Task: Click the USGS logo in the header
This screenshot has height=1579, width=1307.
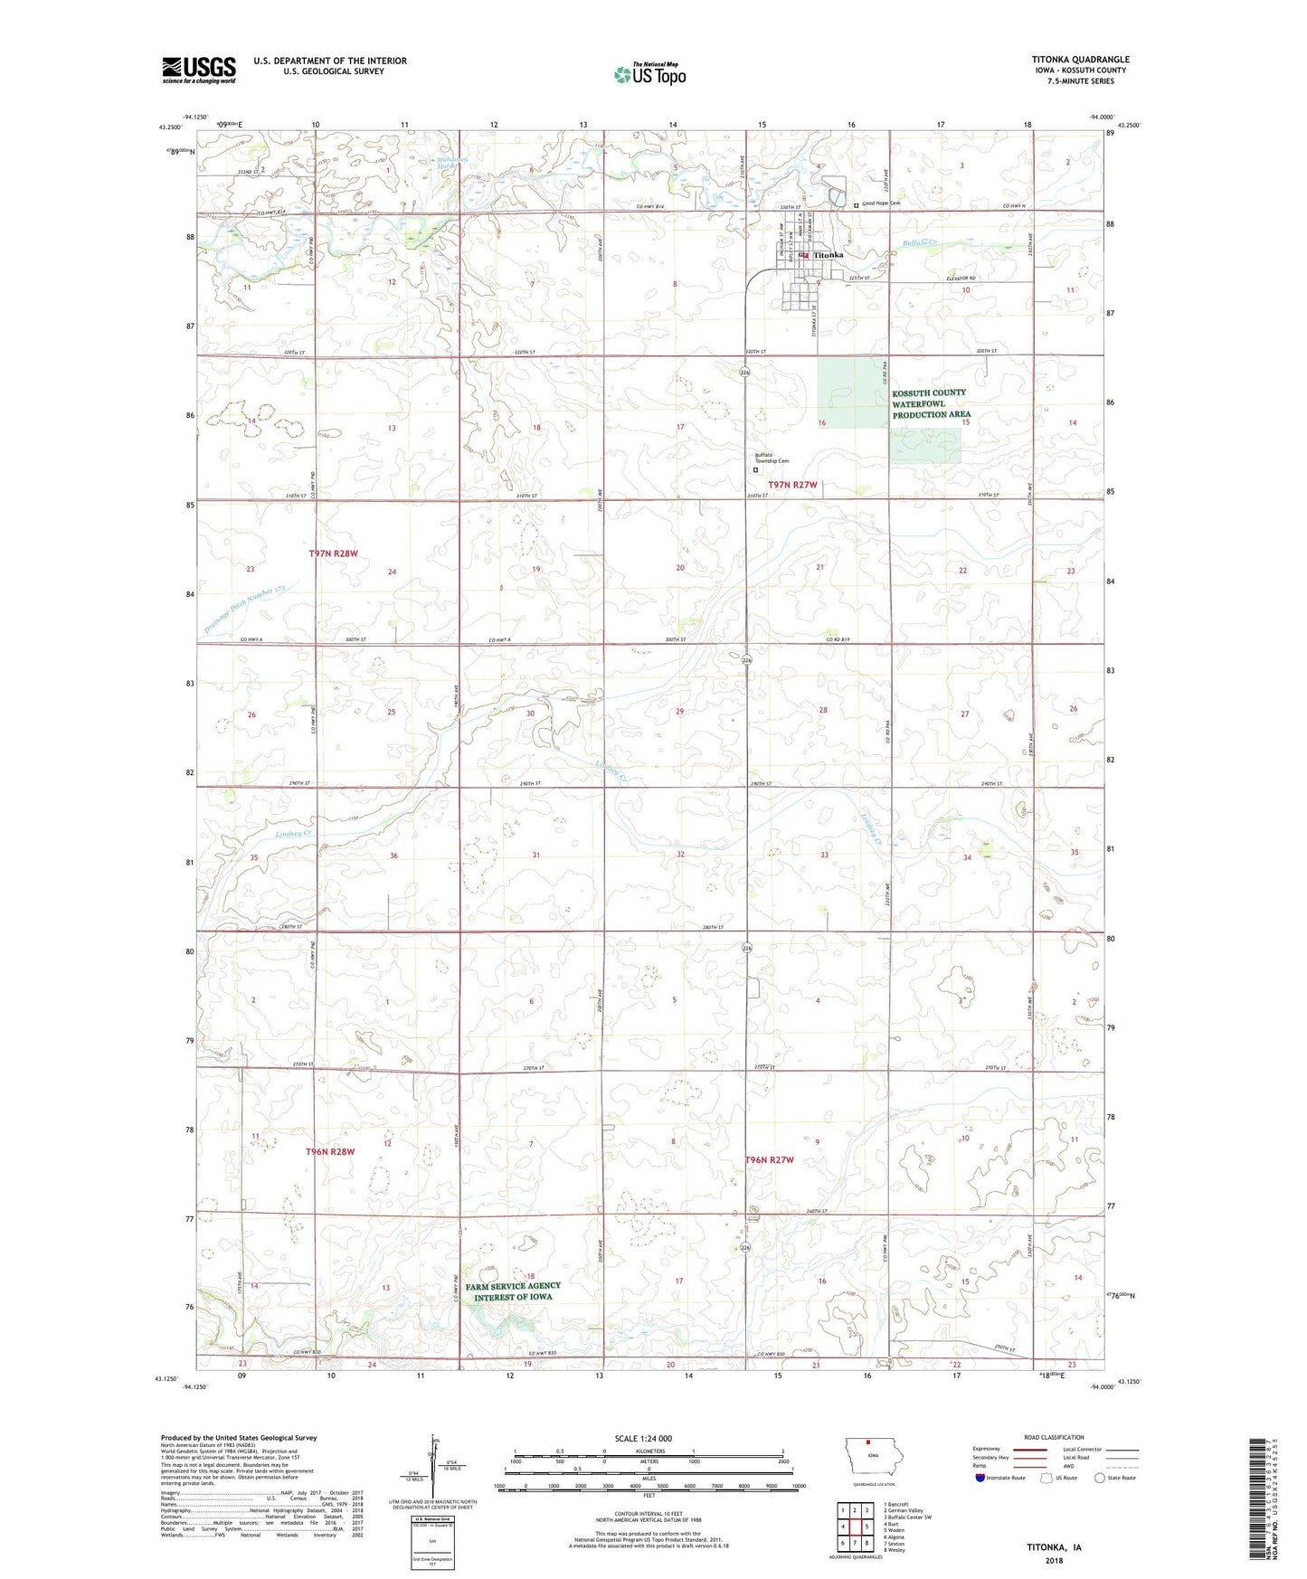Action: pyautogui.click(x=198, y=70)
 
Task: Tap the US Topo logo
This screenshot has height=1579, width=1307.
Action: pyautogui.click(x=649, y=74)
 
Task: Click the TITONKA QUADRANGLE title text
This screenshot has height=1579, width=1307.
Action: pyautogui.click(x=1080, y=60)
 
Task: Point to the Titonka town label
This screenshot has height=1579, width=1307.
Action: pyautogui.click(x=829, y=255)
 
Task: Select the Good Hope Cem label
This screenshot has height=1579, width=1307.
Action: pyautogui.click(x=881, y=203)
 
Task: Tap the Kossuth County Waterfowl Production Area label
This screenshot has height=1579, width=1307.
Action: pyautogui.click(x=931, y=403)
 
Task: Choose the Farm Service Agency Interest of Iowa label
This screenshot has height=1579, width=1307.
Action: pyautogui.click(x=513, y=1291)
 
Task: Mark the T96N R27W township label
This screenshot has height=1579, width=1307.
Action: pyautogui.click(x=769, y=1159)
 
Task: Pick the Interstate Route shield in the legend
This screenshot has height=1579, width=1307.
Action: pyautogui.click(x=981, y=1478)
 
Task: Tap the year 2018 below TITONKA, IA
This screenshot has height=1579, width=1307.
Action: pyautogui.click(x=1054, y=1560)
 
